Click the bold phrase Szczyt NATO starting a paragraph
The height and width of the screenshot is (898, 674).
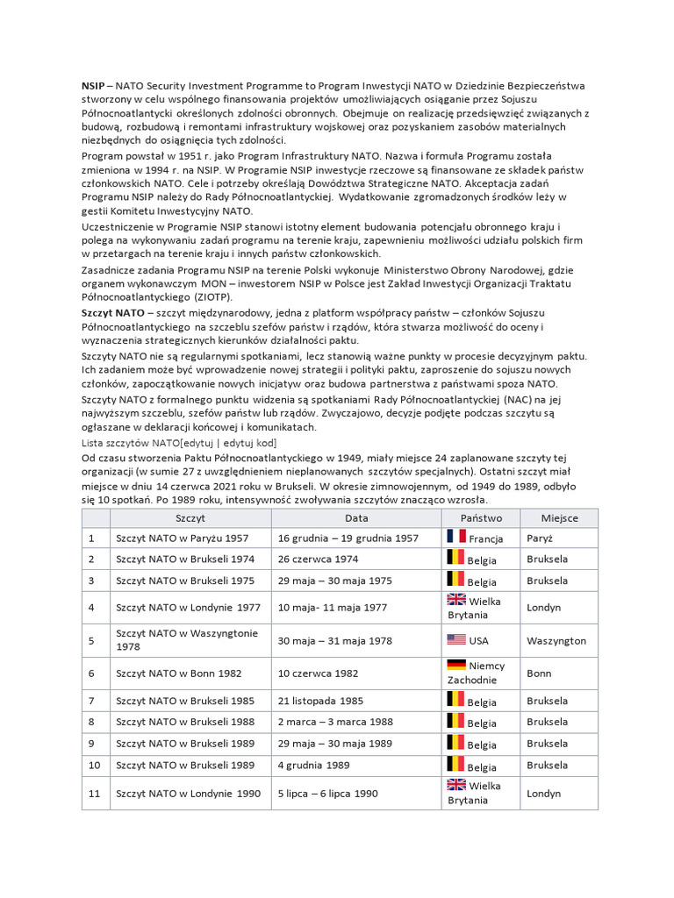(x=113, y=313)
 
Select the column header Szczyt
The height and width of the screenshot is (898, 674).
(x=190, y=517)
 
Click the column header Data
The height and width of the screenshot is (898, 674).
(x=356, y=517)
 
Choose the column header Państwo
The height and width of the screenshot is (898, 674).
(x=480, y=517)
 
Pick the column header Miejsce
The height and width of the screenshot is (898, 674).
(x=559, y=517)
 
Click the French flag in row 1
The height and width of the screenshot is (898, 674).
(x=455, y=537)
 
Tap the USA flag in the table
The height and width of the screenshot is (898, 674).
(x=456, y=640)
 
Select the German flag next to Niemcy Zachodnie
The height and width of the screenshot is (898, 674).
(x=456, y=665)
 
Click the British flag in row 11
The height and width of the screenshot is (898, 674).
(x=456, y=785)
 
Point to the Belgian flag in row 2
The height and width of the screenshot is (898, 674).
(x=455, y=558)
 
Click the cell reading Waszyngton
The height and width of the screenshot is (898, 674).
(x=556, y=641)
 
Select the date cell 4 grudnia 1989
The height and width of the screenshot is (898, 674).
(x=314, y=766)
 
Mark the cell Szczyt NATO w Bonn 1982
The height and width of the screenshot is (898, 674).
(x=179, y=673)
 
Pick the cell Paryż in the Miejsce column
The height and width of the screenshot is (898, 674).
(x=541, y=538)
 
